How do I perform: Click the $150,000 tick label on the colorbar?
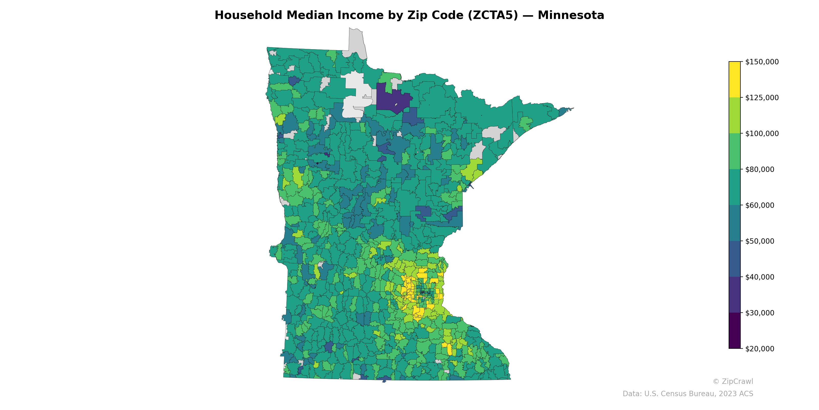[762, 62]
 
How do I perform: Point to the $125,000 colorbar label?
[762, 98]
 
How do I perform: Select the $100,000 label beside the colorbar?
[762, 133]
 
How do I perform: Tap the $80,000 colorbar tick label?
[760, 169]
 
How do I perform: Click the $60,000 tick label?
[760, 205]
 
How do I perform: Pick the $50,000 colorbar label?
[760, 241]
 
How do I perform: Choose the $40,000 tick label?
[760, 277]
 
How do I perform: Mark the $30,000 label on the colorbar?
[760, 313]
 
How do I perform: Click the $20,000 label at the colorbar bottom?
[760, 348]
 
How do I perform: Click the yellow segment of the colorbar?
[735, 80]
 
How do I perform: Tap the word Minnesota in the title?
[571, 15]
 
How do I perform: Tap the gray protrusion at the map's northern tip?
[356, 41]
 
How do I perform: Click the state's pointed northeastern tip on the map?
[572, 109]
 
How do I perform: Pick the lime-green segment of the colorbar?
[735, 116]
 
